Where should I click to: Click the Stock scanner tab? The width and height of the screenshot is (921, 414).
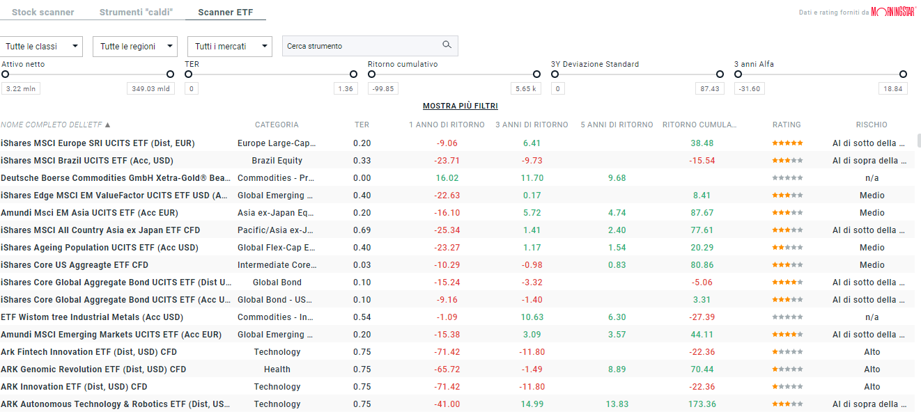coord(42,13)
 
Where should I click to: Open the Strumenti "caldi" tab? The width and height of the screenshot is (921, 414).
coord(136,13)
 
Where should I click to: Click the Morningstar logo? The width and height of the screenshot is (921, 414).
coord(893,12)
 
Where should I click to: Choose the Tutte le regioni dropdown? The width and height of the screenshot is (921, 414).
coord(137,47)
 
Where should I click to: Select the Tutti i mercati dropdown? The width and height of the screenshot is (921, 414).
coord(229,47)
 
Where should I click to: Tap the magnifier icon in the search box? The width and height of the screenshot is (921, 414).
coord(447,45)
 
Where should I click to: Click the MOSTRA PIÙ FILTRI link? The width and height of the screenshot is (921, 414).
coord(460,106)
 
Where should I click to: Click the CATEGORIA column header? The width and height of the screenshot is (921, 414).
coord(277,125)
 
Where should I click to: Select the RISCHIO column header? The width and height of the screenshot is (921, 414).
coord(872,125)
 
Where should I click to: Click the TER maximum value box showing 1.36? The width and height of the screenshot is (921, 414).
coord(345,89)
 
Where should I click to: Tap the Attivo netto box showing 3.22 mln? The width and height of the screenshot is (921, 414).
coord(21,89)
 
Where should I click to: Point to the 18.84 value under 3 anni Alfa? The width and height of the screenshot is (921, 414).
coord(892,89)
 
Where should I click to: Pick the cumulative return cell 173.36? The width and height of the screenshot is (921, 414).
coord(701,404)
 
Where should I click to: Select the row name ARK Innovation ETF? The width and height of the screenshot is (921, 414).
coord(74,387)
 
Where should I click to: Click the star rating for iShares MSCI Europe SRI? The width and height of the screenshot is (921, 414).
coord(787,143)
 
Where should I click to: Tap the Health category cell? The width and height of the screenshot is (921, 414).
coord(277,369)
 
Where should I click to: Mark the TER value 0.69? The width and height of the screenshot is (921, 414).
coord(362,230)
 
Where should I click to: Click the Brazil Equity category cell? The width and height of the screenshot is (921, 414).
coord(277,161)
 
